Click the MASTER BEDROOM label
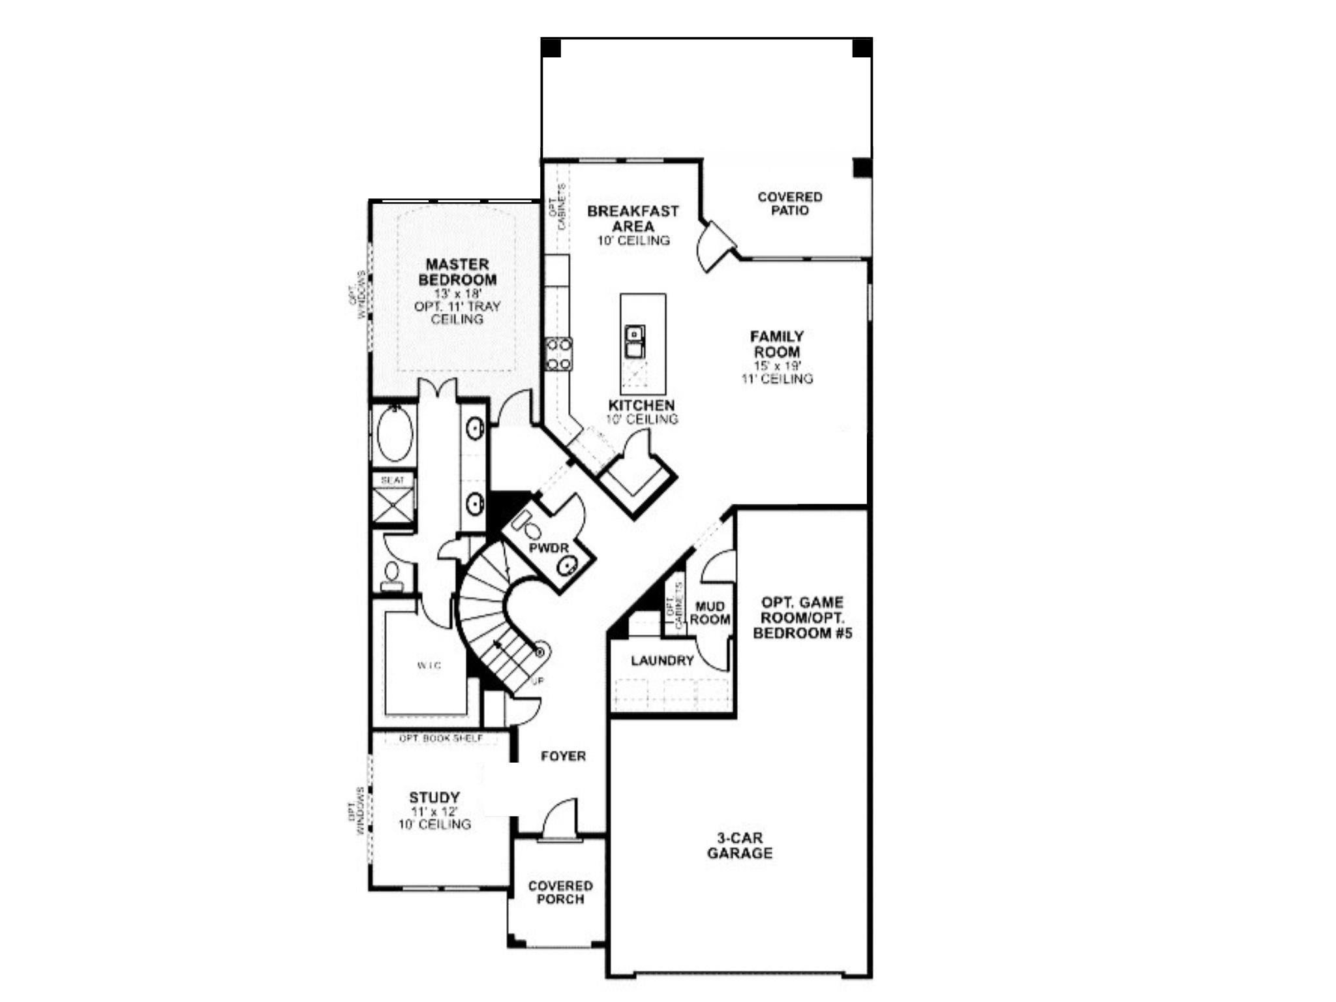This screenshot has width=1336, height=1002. pyautogui.click(x=457, y=272)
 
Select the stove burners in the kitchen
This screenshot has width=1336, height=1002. pyautogui.click(x=558, y=354)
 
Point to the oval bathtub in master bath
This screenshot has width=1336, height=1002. pyautogui.click(x=395, y=434)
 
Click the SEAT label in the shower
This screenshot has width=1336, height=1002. pyautogui.click(x=393, y=480)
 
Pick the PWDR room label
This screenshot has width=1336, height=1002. pyautogui.click(x=549, y=549)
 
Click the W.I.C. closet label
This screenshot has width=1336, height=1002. pyautogui.click(x=429, y=665)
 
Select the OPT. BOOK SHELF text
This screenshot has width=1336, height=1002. pyautogui.click(x=441, y=738)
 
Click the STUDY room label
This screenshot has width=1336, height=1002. pyautogui.click(x=434, y=797)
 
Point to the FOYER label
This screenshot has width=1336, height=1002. pyautogui.click(x=563, y=756)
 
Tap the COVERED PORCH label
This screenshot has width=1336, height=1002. pyautogui.click(x=560, y=892)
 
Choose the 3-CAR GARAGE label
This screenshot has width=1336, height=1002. pyautogui.click(x=740, y=845)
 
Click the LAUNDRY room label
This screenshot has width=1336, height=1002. pyautogui.click(x=662, y=661)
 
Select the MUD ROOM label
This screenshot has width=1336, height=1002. pyautogui.click(x=710, y=613)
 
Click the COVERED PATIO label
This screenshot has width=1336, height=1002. pyautogui.click(x=790, y=204)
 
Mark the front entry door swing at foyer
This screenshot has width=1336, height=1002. pyautogui.click(x=561, y=819)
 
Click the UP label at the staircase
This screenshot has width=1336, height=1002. pyautogui.click(x=538, y=681)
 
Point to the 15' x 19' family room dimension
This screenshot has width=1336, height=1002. pyautogui.click(x=777, y=366)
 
